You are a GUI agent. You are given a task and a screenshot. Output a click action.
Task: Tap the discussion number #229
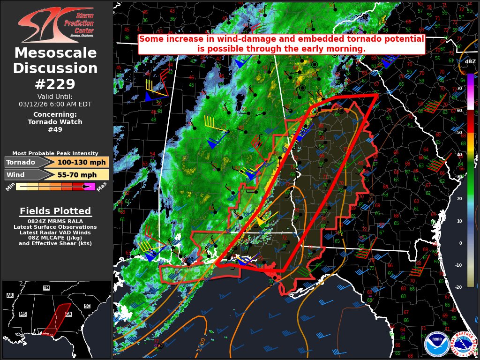click(x=55, y=84)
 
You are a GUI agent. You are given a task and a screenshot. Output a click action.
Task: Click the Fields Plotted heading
click(x=55, y=211)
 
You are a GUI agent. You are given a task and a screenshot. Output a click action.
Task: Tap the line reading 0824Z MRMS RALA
click(x=55, y=221)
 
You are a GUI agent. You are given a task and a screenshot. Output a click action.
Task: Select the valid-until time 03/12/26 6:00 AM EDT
click(x=55, y=104)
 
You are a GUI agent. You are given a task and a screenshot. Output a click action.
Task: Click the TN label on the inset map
click(x=46, y=288)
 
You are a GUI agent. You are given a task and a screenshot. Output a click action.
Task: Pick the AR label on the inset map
click(x=10, y=295)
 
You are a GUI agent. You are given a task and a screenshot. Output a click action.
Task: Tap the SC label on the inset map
click(x=87, y=306)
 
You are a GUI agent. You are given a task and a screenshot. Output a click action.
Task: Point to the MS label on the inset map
click(x=22, y=314)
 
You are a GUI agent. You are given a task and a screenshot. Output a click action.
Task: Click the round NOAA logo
click(x=437, y=344)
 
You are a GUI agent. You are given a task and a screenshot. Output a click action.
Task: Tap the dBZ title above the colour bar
click(x=470, y=61)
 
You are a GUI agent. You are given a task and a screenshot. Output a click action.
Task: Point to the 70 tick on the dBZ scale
click(x=459, y=88)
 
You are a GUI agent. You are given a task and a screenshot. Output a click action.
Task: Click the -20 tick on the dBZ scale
click(x=458, y=287)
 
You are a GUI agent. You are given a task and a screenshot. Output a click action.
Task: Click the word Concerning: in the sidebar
click(x=55, y=114)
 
